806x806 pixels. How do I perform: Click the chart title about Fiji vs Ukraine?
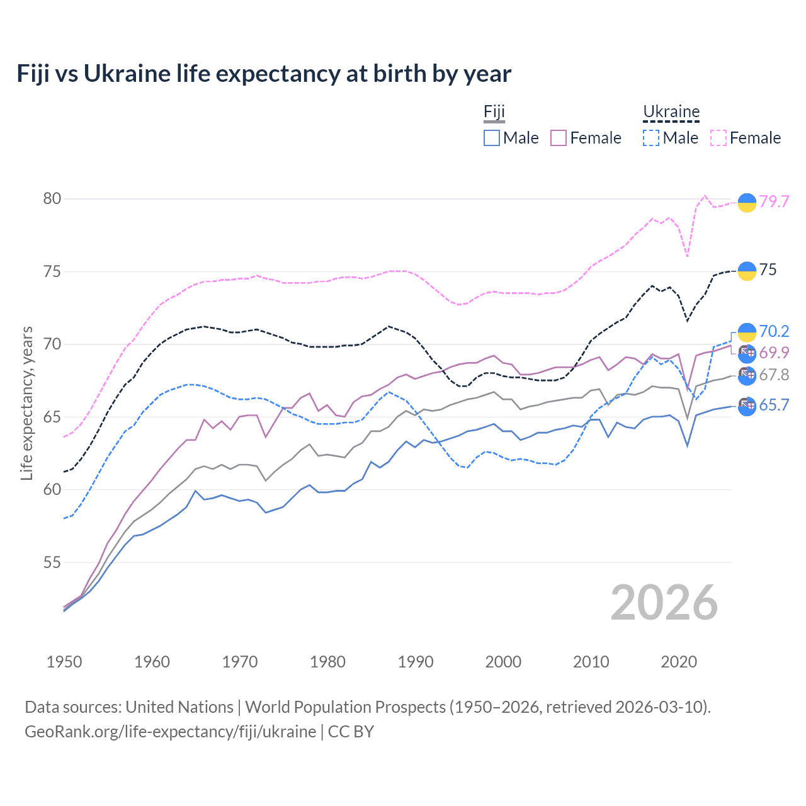tap(264, 74)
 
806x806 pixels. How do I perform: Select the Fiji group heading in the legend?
tap(494, 112)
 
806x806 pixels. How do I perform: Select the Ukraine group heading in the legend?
tap(671, 112)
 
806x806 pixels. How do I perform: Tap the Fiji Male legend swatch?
tap(492, 138)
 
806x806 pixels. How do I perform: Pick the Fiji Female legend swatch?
tap(559, 138)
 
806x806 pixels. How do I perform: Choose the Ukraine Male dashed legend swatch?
tap(651, 138)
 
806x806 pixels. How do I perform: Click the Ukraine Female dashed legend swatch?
tap(718, 138)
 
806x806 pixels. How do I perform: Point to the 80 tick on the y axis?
tap(52, 198)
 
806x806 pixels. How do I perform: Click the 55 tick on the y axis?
tap(52, 562)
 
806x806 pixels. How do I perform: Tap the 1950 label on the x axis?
tap(64, 662)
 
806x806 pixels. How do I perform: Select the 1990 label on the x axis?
tap(416, 662)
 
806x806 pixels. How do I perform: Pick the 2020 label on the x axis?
tap(679, 662)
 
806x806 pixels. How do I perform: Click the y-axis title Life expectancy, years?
tap(26, 403)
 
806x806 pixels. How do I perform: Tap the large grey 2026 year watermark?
tap(664, 603)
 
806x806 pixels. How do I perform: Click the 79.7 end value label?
tap(774, 201)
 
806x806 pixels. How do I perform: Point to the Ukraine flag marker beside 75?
tap(747, 271)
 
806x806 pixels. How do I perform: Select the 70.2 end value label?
tap(774, 331)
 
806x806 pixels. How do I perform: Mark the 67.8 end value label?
tap(774, 375)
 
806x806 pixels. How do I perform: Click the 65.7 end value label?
tap(774, 405)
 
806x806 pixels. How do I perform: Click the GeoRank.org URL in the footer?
tap(170, 732)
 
